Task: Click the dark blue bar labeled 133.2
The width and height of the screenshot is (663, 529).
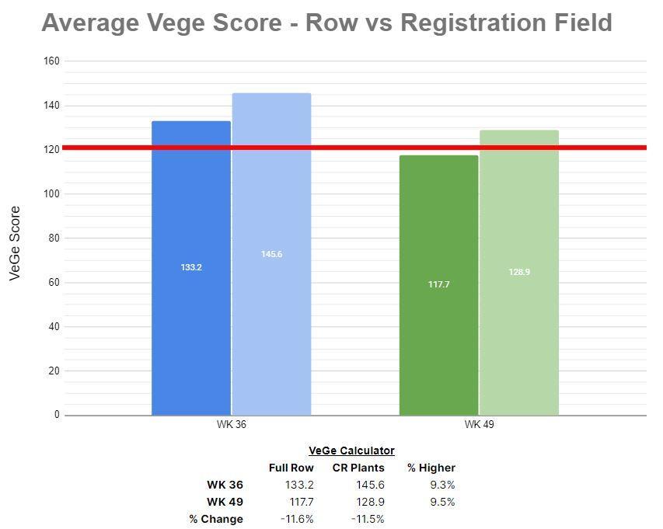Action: click(x=191, y=311)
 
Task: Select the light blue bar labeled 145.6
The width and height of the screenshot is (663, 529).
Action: click(x=271, y=311)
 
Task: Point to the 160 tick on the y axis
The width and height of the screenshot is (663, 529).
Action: click(x=52, y=61)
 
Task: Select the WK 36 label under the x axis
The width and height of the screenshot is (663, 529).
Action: click(x=232, y=425)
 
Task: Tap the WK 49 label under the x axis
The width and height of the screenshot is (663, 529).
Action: click(x=479, y=425)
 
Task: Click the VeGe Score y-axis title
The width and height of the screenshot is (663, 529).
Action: click(x=15, y=243)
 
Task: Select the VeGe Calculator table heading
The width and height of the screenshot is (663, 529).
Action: click(x=351, y=451)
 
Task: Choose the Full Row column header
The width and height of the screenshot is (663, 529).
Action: click(x=291, y=468)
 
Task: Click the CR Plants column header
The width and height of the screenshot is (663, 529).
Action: click(x=358, y=468)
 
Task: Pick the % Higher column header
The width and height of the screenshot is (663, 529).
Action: click(x=431, y=468)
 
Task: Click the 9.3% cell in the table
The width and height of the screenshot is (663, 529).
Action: click(x=441, y=485)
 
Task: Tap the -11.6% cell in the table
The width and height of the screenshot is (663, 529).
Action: click(x=297, y=519)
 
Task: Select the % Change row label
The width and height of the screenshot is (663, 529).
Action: click(x=216, y=519)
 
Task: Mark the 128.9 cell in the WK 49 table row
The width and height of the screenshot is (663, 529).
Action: click(x=370, y=502)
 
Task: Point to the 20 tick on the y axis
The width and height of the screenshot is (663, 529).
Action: click(x=54, y=371)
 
